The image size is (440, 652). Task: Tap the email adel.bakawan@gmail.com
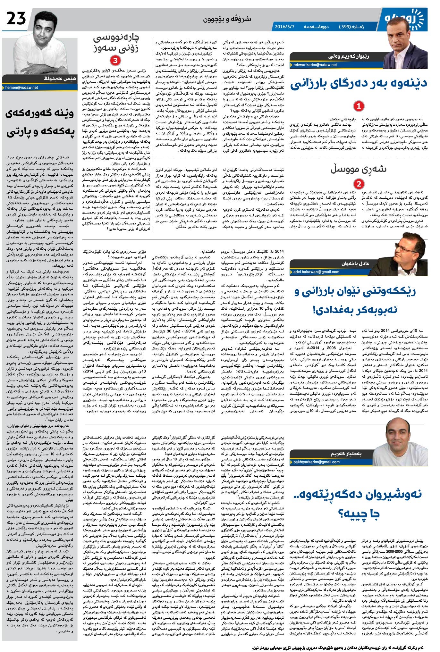(316, 272)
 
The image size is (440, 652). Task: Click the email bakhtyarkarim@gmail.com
(316, 462)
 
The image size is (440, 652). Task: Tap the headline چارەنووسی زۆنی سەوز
(116, 44)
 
